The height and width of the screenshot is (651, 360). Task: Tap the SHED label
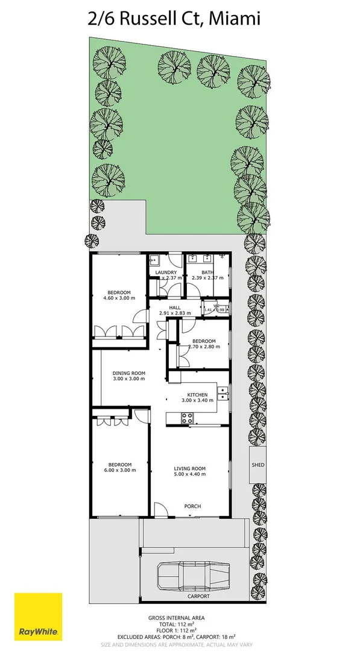click(258, 465)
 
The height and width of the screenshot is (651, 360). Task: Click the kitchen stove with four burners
click(187, 417)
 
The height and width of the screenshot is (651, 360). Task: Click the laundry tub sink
click(154, 261)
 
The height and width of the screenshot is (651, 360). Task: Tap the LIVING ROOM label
click(190, 468)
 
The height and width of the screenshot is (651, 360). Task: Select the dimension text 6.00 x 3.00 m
click(119, 470)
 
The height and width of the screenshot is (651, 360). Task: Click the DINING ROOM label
click(129, 373)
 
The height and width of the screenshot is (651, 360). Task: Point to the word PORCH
click(192, 506)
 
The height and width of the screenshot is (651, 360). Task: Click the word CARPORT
click(198, 596)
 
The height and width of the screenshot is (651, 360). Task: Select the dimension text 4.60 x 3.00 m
click(119, 298)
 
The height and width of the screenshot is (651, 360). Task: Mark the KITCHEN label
click(197, 395)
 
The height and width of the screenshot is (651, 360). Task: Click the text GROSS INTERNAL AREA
click(176, 618)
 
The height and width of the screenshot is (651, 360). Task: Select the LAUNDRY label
click(166, 272)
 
